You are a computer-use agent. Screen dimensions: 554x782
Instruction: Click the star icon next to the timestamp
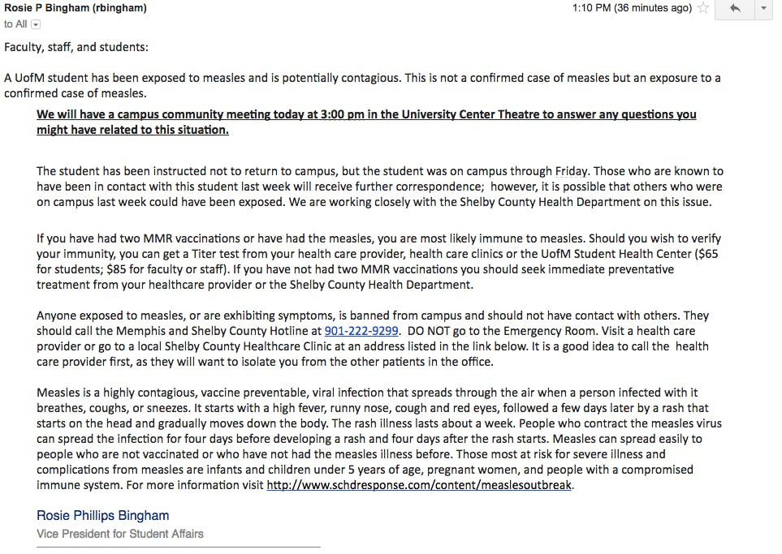[x=703, y=8]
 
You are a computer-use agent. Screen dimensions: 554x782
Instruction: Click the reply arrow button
[x=735, y=8]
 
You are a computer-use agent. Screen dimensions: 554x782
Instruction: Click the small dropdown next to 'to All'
[x=36, y=24]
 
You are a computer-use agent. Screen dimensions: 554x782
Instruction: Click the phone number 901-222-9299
[x=361, y=331]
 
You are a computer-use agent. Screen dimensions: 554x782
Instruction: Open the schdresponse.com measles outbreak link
[x=419, y=485]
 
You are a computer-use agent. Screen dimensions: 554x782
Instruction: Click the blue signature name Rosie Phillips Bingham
[x=103, y=515]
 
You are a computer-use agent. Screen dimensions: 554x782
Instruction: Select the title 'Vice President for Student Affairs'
[x=120, y=534]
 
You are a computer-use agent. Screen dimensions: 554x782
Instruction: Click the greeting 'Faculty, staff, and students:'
[x=76, y=47]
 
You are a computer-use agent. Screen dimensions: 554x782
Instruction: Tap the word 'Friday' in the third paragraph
[x=575, y=171]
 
